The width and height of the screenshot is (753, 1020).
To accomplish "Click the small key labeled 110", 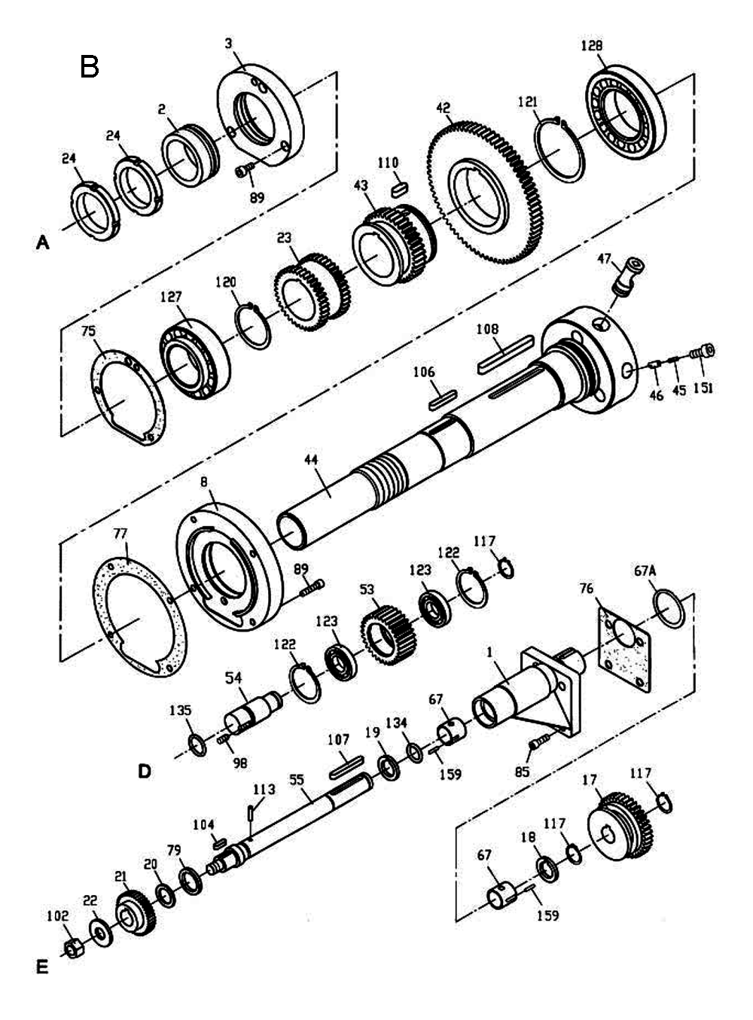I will click(x=399, y=186).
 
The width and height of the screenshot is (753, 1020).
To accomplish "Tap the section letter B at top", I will click(x=90, y=67).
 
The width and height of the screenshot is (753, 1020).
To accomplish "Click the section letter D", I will click(x=144, y=771).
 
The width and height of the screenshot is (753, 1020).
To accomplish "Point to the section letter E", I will click(x=41, y=966).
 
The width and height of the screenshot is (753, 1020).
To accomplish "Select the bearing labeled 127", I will click(x=194, y=358).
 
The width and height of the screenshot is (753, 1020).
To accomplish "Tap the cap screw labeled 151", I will click(x=706, y=351).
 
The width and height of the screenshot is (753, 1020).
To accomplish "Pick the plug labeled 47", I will click(x=626, y=276).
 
